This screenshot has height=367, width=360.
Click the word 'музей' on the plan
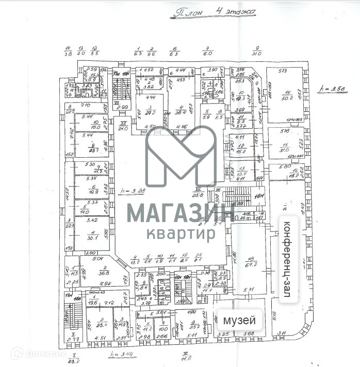[x=239, y=321]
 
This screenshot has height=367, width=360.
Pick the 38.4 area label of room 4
[x=182, y=112]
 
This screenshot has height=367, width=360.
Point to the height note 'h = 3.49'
[x=120, y=354]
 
